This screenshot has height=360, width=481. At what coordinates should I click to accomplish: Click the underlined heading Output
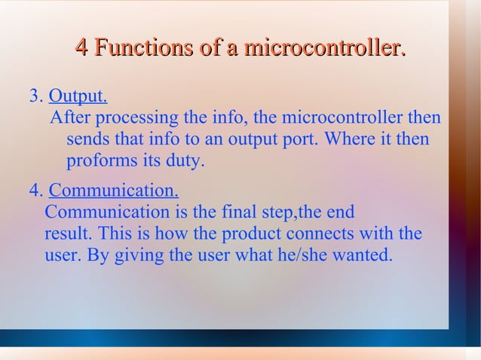coord(78,97)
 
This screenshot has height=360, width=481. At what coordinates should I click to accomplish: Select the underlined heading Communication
coord(114,190)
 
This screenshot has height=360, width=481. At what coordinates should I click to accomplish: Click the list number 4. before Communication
coord(35,190)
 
